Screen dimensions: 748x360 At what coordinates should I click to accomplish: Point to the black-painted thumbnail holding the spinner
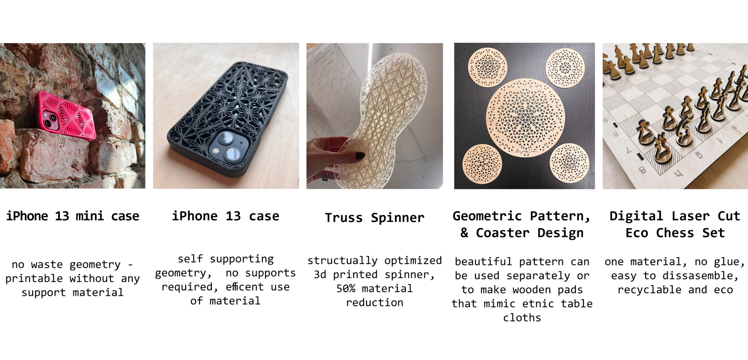tap(360, 156)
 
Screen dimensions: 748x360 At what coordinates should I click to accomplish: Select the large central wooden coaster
tap(525, 118)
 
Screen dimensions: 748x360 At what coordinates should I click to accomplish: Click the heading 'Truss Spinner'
tap(374, 218)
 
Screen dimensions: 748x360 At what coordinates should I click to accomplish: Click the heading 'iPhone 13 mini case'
tap(72, 216)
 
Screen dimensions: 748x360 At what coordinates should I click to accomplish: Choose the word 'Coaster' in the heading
tap(503, 233)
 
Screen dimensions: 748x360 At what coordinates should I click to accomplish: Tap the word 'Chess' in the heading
tap(675, 233)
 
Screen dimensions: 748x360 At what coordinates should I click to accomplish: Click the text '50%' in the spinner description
tap(345, 288)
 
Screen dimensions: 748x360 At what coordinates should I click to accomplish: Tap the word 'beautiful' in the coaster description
tap(483, 261)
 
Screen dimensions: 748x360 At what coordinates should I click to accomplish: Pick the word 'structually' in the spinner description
tap(342, 260)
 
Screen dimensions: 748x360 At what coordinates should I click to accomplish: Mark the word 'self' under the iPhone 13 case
tap(190, 259)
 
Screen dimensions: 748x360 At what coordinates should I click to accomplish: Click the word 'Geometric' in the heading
tap(487, 216)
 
